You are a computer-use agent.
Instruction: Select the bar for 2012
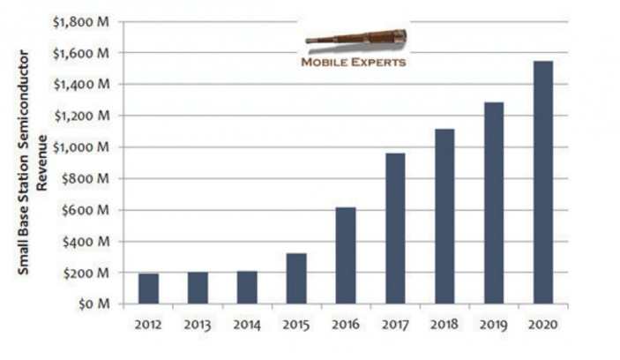(148, 289)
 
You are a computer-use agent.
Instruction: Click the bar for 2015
(296, 279)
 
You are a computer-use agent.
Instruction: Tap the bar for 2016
(346, 256)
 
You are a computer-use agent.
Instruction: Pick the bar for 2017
(395, 229)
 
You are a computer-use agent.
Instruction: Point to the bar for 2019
(494, 203)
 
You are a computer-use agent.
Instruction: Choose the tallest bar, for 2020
(543, 183)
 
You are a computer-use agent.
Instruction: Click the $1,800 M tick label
(80, 22)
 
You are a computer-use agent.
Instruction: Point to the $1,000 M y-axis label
(81, 147)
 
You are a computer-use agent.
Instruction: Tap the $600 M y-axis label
(86, 210)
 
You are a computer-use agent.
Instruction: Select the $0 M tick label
(93, 304)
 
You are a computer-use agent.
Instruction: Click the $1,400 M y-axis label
(81, 84)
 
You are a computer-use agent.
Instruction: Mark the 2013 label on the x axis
(198, 325)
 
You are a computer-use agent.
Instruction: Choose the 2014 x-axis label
(247, 325)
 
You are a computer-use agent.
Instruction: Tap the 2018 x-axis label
(444, 325)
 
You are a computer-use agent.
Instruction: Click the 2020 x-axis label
(543, 325)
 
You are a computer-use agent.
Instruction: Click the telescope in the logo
(356, 38)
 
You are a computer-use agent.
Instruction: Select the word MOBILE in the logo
(325, 62)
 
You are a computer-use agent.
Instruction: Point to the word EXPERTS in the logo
(378, 62)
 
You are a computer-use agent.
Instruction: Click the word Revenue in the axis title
(42, 162)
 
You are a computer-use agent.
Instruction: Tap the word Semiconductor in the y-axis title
(23, 101)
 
